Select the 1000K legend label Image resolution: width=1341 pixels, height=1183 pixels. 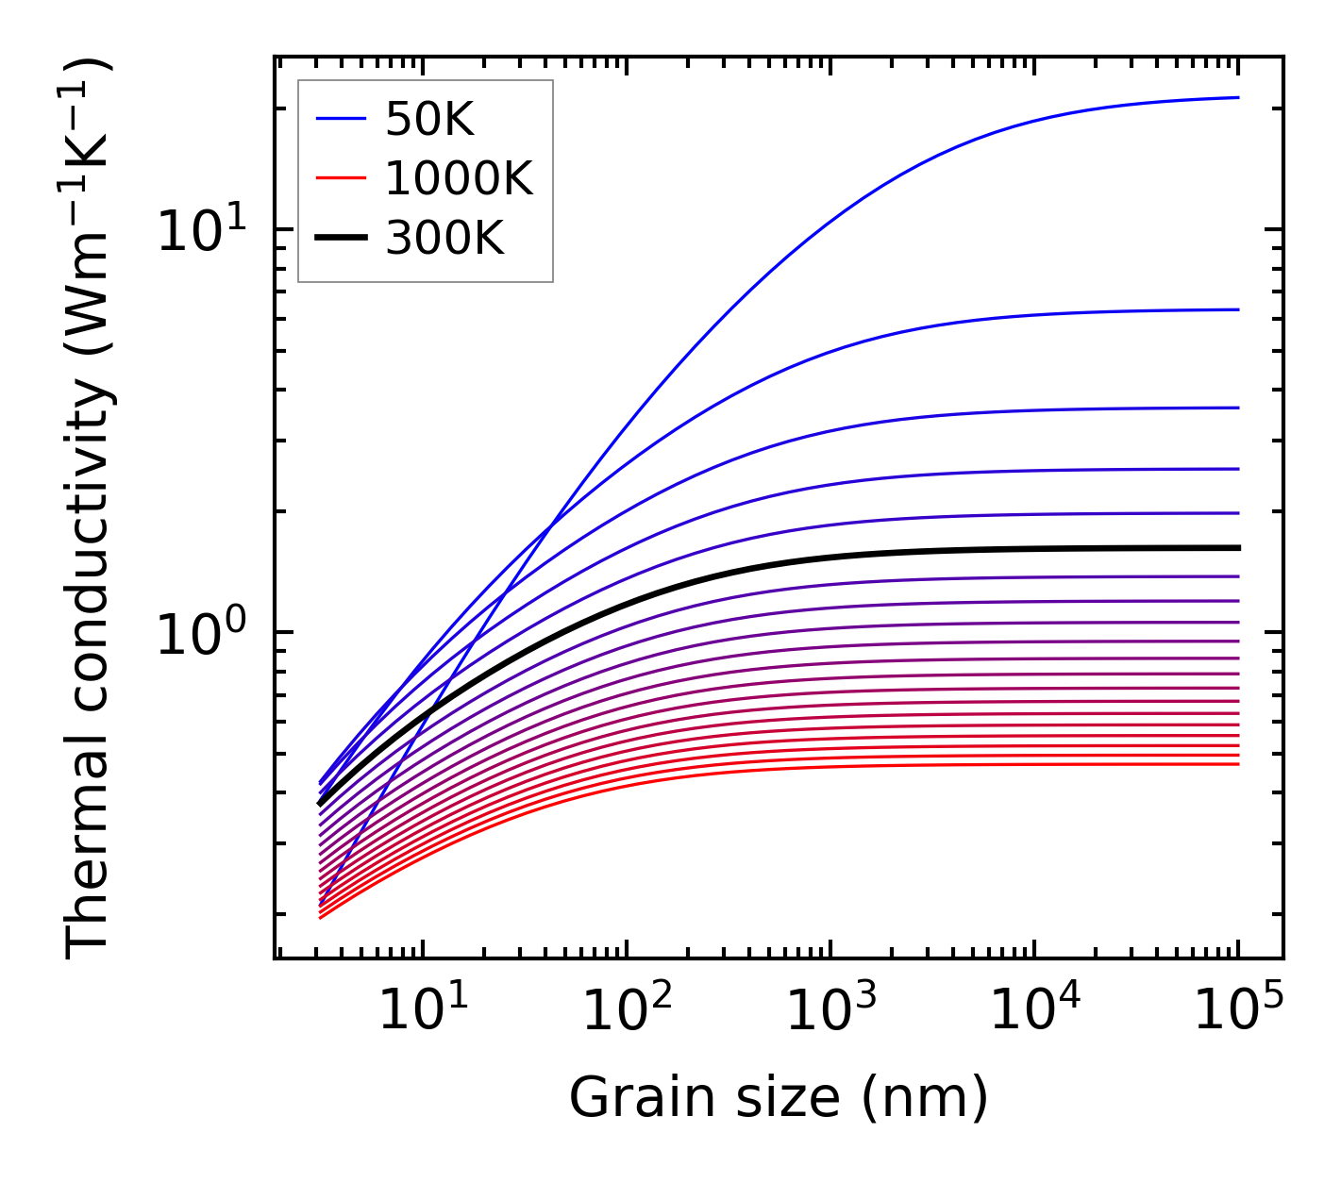459,178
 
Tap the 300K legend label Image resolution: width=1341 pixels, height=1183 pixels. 444,239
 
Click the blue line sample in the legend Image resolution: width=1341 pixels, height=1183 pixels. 340,120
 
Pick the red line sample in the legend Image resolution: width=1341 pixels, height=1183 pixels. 340,178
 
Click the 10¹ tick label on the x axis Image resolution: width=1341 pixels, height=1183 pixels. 423,1011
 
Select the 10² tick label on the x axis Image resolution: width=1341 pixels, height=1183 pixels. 627,1011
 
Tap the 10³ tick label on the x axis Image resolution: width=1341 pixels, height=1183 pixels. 830,1011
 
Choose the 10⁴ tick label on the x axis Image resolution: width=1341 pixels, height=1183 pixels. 1034,1011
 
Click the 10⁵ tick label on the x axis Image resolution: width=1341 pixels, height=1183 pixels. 1238,1011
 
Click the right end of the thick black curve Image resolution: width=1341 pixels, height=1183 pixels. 1237,548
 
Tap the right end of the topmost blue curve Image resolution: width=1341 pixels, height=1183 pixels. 1237,97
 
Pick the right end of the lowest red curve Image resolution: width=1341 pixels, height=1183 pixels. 1237,763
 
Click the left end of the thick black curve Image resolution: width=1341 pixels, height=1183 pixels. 320,804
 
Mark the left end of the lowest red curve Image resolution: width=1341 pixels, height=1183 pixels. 321,917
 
